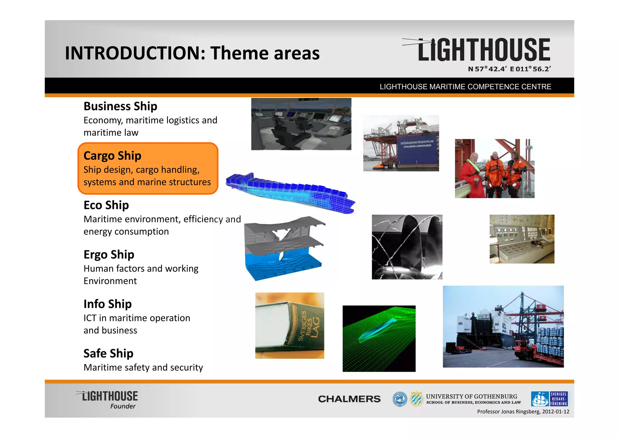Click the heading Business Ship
(120, 106)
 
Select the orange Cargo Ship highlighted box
(147, 168)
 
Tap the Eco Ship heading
(106, 205)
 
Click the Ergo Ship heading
(109, 255)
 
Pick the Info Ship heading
(108, 304)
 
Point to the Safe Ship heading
(108, 353)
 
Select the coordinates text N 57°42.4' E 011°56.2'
(509, 69)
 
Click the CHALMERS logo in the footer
(349, 399)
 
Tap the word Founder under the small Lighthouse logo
(123, 406)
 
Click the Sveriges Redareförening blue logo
(549, 399)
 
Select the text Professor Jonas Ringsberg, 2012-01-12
(523, 412)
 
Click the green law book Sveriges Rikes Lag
(290, 325)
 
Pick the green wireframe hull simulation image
(379, 338)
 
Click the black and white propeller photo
(407, 247)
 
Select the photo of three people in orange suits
(494, 169)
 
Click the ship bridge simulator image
(301, 124)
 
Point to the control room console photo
(522, 239)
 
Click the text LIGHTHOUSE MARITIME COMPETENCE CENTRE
(465, 87)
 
